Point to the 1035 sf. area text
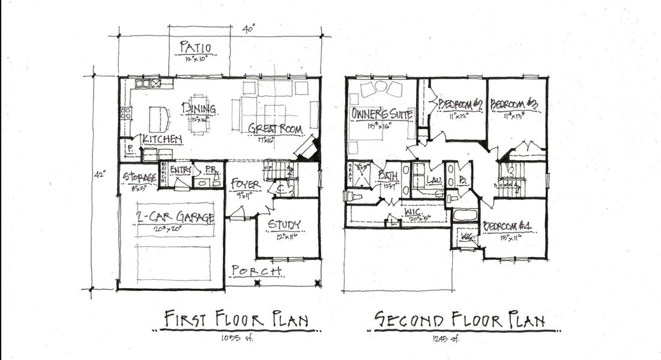pyautogui.click(x=237, y=339)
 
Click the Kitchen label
pyautogui.click(x=162, y=139)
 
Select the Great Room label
pyautogui.click(x=275, y=129)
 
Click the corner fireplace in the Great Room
pyautogui.click(x=308, y=148)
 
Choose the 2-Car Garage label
pyautogui.click(x=175, y=218)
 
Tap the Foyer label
pyautogui.click(x=244, y=184)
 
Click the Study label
pyautogui.click(x=284, y=224)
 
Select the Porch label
pyautogui.click(x=256, y=271)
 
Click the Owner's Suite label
pyautogui.click(x=382, y=113)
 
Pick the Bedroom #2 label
pyautogui.click(x=460, y=104)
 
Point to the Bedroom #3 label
pyautogui.click(x=514, y=104)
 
